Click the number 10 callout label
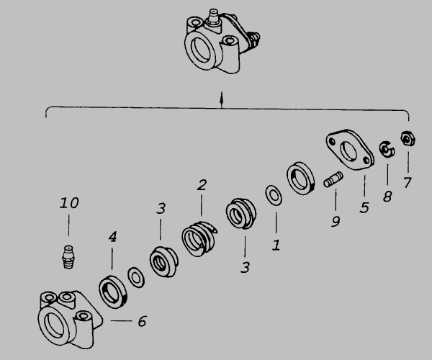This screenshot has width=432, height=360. point(69,203)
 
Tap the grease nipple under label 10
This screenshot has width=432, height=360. point(68,257)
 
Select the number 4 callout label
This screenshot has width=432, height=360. point(112,237)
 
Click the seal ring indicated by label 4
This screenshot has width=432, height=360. point(113,292)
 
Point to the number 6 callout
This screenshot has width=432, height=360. point(142,321)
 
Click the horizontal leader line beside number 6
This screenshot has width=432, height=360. point(122,320)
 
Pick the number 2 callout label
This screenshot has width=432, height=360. point(202,185)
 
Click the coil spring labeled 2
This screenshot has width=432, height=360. point(199,239)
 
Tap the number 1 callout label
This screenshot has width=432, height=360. point(276,245)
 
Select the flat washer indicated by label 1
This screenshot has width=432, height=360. point(274,196)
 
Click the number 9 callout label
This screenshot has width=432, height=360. point(336,222)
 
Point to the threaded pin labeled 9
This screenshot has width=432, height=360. point(333,179)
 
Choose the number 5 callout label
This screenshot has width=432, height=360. point(364,207)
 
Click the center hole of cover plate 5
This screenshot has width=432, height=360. point(348,151)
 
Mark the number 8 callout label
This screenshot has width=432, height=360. point(387,197)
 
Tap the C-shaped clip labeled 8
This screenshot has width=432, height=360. point(387,150)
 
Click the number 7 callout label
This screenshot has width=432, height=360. point(408,183)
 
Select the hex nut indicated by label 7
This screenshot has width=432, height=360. point(408,139)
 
